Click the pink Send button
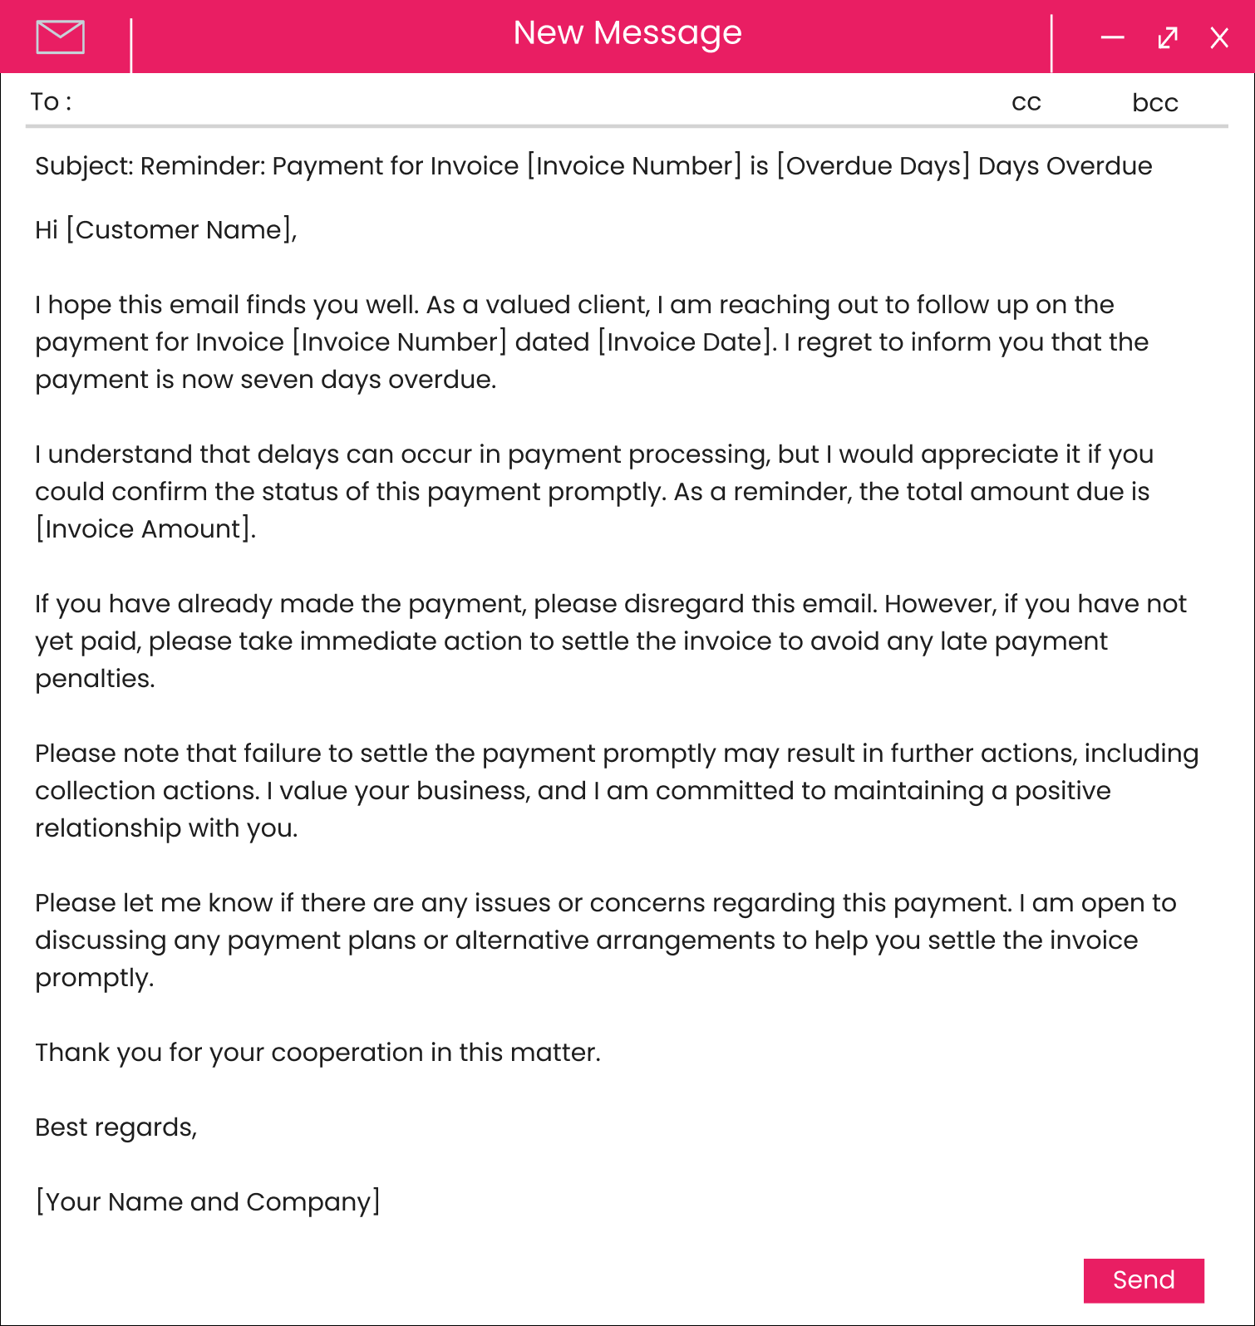pos(1144,1280)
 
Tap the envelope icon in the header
pos(61,37)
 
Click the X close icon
pos(1219,38)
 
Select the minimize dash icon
pos(1112,37)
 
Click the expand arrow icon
pos(1168,38)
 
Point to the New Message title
pos(627,33)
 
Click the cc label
pos(1026,102)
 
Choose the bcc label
pos(1155,102)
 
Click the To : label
pos(51,101)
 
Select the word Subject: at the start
pos(84,166)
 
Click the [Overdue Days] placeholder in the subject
pos(873,166)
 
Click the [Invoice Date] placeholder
pos(686,342)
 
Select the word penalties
pos(94,679)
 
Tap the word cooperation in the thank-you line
pos(347,1053)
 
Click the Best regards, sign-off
pos(116,1127)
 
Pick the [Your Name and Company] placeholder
pos(208,1202)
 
